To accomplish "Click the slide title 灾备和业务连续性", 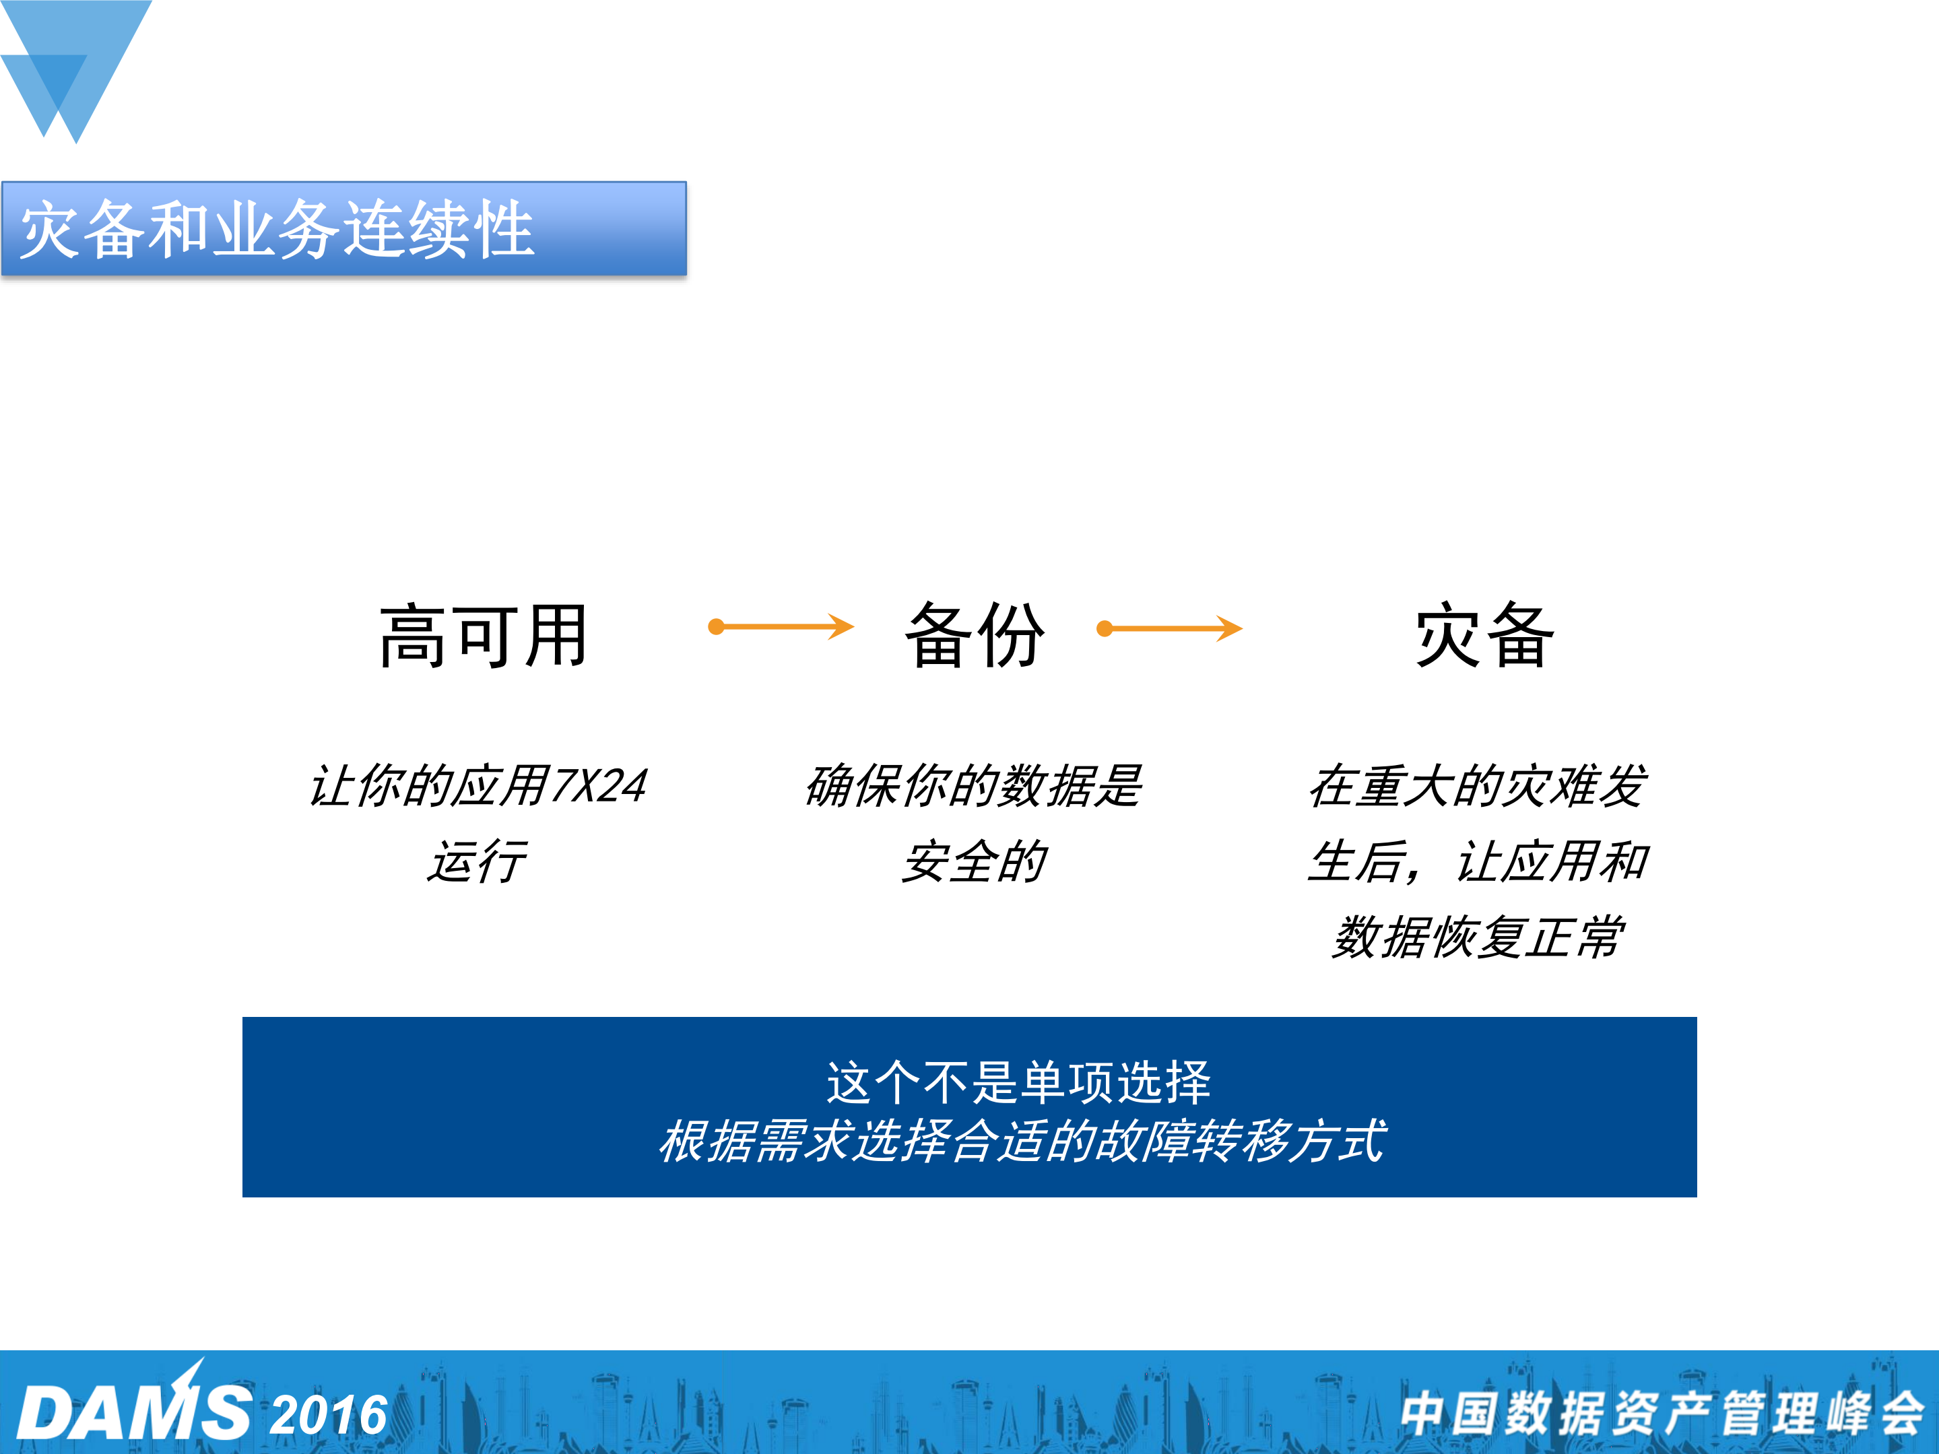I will point(277,230).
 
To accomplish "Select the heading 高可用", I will point(484,636).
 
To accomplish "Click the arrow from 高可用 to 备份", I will point(782,626).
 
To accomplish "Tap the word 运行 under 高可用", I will point(478,861).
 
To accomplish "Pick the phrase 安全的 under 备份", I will point(975,861).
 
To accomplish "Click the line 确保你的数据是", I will point(975,785).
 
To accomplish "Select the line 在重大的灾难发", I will point(1478,785).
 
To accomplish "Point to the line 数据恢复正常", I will point(1478,937).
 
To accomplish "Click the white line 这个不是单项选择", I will point(1018,1082).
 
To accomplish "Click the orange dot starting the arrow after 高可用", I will point(716,626).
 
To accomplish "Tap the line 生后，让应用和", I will point(1478,861).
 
